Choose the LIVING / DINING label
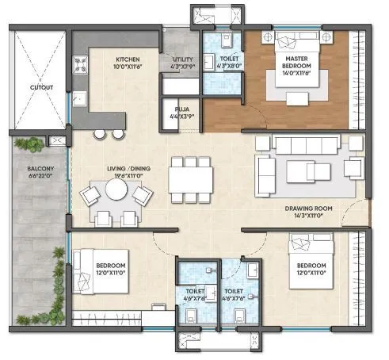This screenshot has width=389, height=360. (x=129, y=169)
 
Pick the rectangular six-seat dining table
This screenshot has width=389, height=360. (x=190, y=180)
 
